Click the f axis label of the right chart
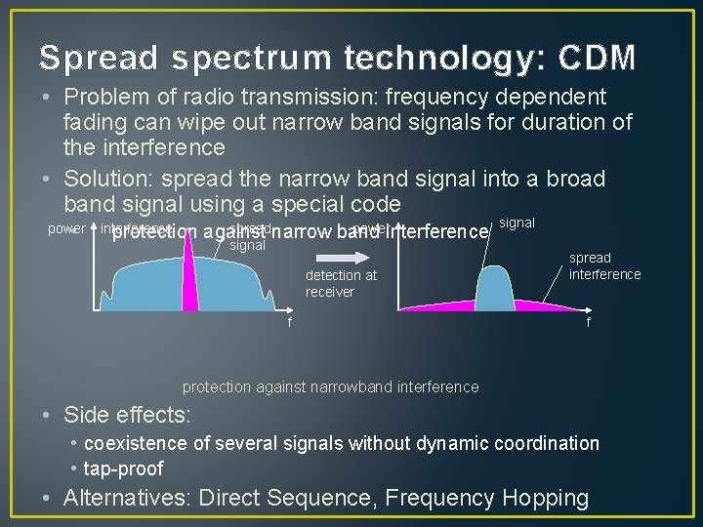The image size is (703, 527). point(587,323)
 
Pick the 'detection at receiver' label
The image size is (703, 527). point(341,283)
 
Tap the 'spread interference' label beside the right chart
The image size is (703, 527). point(604,265)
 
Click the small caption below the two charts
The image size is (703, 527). point(330,386)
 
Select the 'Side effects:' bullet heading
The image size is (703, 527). point(127,414)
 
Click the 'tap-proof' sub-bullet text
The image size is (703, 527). point(124,469)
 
